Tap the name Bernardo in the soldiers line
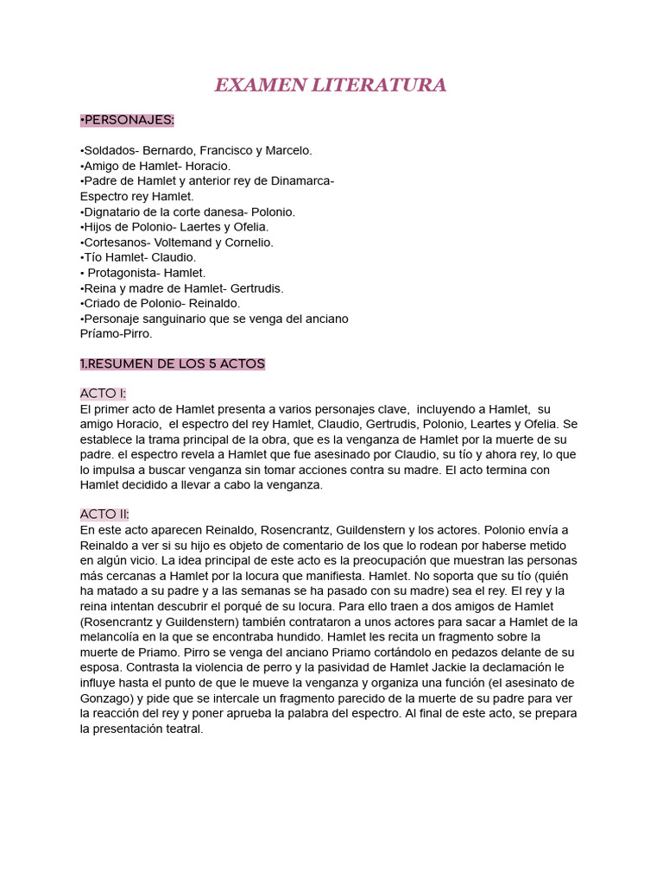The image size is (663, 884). (x=170, y=150)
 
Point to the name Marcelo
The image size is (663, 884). (x=288, y=150)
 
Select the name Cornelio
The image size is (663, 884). (x=250, y=243)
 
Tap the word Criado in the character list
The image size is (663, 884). (x=103, y=304)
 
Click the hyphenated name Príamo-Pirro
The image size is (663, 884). (x=116, y=333)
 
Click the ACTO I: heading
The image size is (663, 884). (x=103, y=394)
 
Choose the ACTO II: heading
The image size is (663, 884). (x=104, y=515)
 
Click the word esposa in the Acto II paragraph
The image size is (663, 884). (x=102, y=667)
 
